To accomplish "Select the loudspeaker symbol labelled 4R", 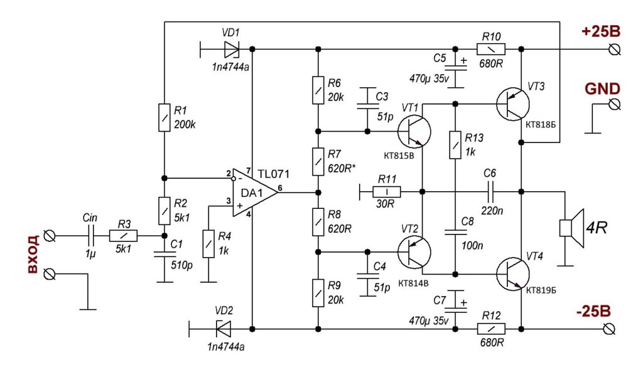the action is tap(571, 228).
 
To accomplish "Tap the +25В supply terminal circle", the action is tap(615, 50).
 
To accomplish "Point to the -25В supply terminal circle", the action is tap(610, 329).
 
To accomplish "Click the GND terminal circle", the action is tap(614, 104).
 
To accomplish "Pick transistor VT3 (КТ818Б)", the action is tap(512, 104).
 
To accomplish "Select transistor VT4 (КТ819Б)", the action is tap(512, 274).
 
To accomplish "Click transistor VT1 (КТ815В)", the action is tap(414, 132).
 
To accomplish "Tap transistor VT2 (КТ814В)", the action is tap(414, 251).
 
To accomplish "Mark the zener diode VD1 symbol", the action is tap(231, 49).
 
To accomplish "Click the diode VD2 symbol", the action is tap(223, 329).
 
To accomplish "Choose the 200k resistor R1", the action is tap(164, 118).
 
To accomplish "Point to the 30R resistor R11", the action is tap(387, 192).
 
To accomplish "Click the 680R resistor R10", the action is tap(491, 49).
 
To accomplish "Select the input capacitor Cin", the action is tap(90, 236).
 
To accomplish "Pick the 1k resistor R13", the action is tap(455, 145).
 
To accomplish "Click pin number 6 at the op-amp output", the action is tap(279, 188).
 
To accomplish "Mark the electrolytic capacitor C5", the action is tap(455, 68).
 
